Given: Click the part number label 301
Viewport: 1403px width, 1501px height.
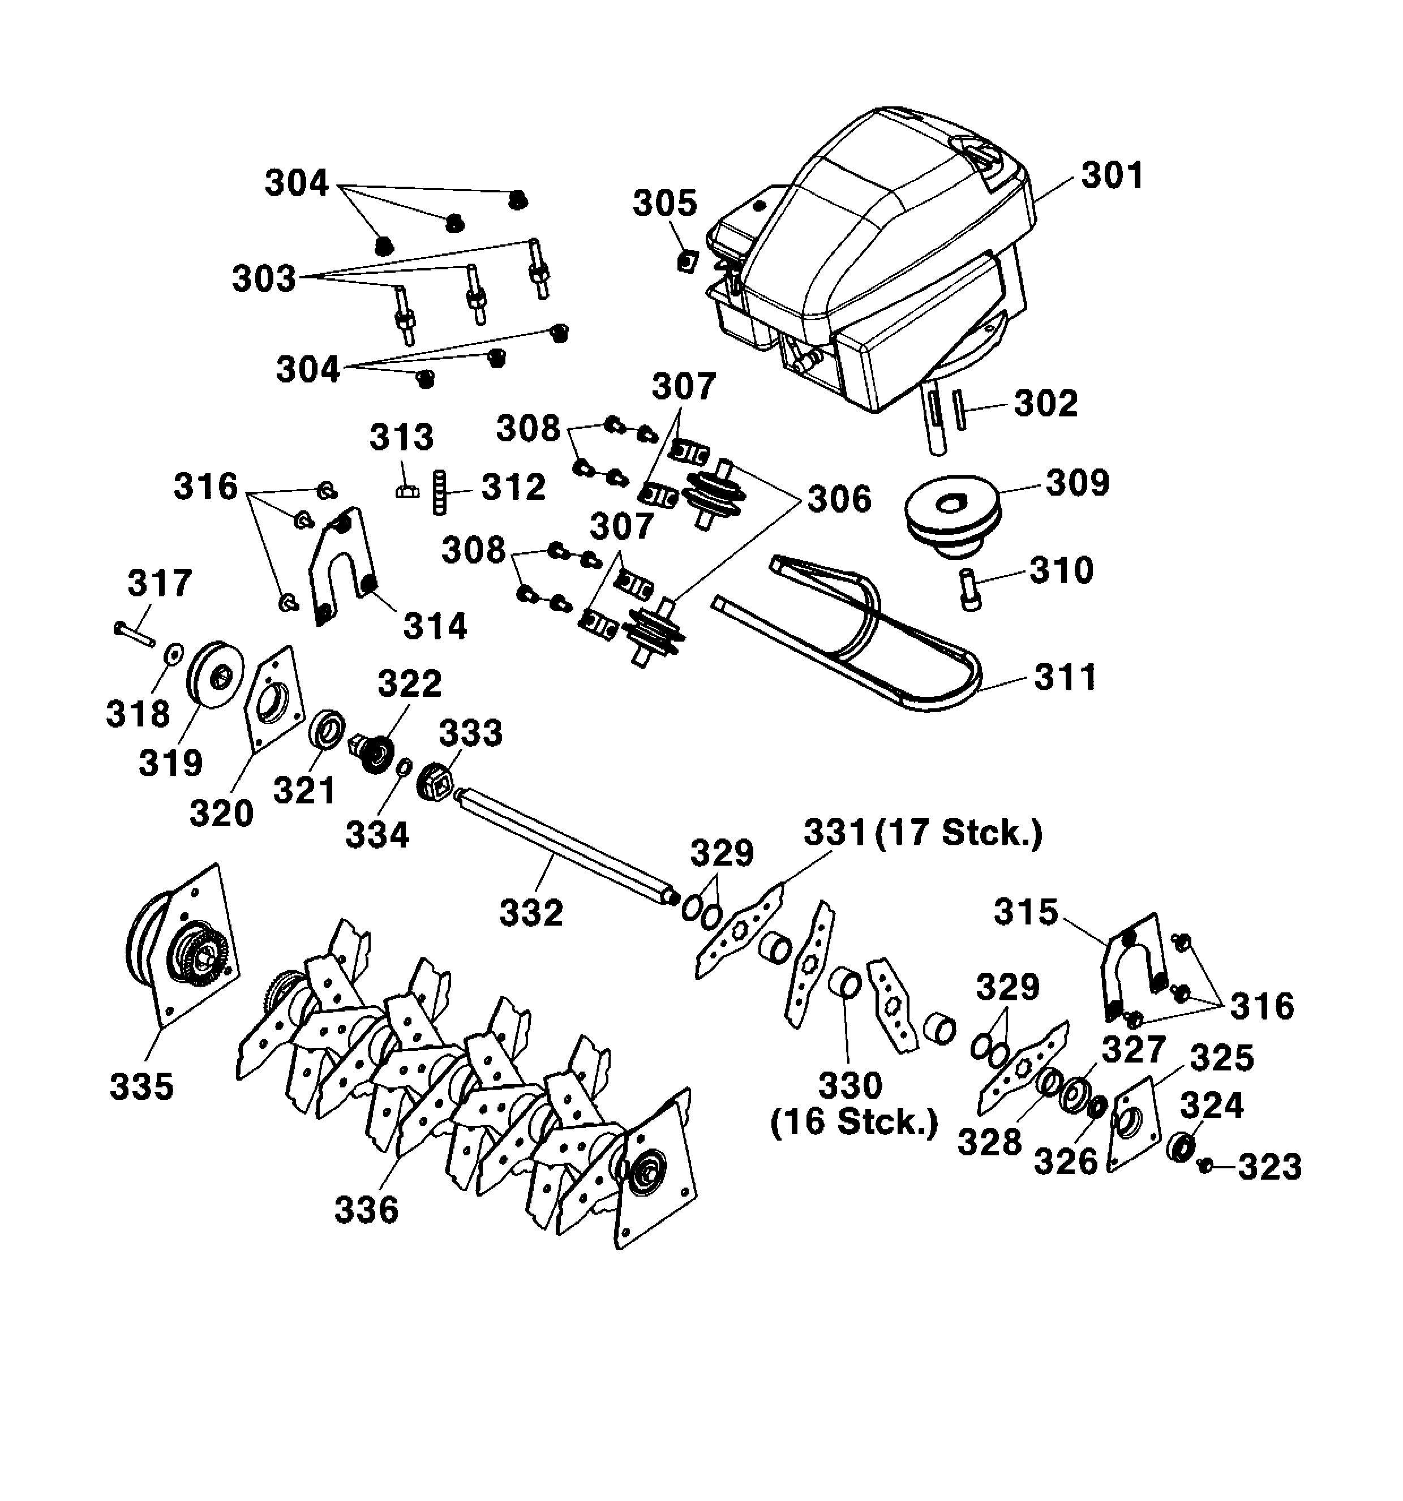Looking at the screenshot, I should tap(1112, 175).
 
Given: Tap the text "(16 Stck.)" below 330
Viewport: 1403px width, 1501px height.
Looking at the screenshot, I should tap(853, 1122).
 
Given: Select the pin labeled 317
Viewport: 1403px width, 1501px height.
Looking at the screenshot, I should tap(134, 633).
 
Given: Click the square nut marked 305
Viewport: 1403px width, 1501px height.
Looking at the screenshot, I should tap(685, 262).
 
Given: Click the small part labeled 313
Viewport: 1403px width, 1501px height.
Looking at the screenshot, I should tap(407, 492).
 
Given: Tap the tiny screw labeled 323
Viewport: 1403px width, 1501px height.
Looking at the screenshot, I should tap(1204, 1167).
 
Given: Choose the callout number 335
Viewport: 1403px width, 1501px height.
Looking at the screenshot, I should tap(141, 1086).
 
